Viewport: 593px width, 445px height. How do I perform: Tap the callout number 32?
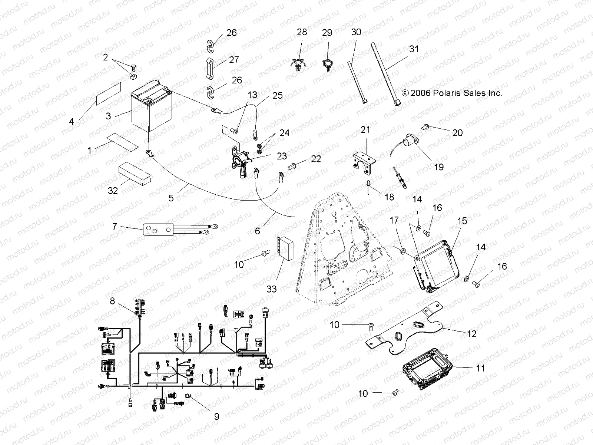[113, 191]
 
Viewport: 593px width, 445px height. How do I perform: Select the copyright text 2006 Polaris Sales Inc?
[452, 93]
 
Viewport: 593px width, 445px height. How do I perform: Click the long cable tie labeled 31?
[385, 74]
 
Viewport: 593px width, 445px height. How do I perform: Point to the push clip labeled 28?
[299, 65]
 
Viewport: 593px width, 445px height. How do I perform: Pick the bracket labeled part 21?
[364, 162]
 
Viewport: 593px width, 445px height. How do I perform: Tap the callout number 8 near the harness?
[112, 301]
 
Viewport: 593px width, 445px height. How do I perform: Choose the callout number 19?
[439, 167]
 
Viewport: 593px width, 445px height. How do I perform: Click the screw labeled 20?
[425, 127]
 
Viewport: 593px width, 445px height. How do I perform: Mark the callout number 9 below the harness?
[216, 416]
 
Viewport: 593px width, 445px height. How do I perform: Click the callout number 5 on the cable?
[171, 198]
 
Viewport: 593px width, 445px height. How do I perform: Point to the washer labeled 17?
[402, 251]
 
